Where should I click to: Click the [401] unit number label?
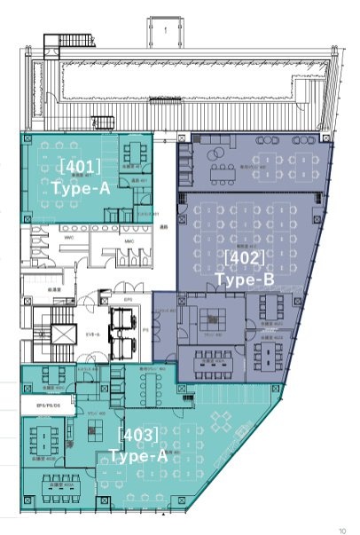80,166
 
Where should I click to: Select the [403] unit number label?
138,435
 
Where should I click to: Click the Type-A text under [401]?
81,188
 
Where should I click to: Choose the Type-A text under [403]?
138,456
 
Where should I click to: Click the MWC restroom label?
127,241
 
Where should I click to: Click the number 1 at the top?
166,30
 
